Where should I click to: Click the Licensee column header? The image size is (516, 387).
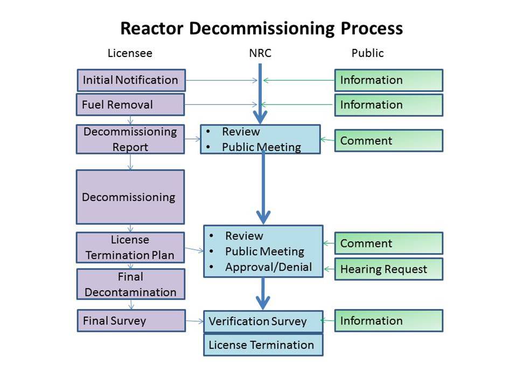(x=130, y=53)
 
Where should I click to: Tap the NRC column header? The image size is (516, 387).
(x=260, y=53)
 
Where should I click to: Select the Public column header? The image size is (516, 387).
(x=367, y=53)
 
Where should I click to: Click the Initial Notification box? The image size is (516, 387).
(x=131, y=80)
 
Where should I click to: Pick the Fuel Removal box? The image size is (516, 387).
(x=130, y=104)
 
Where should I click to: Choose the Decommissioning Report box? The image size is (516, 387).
(x=130, y=139)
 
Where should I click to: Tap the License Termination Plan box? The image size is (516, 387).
(x=130, y=248)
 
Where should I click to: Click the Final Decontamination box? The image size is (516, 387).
(x=130, y=284)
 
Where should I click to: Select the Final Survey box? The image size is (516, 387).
(x=130, y=321)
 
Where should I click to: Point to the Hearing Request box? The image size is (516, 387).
(x=388, y=269)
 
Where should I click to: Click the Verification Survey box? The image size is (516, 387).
(x=263, y=321)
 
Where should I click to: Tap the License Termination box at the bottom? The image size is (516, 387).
(x=263, y=345)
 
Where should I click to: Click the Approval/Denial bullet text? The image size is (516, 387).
(x=268, y=267)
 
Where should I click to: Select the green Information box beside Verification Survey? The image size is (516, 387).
(x=388, y=321)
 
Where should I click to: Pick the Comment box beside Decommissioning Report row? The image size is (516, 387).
(x=388, y=140)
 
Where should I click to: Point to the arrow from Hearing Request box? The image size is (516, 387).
(x=329, y=269)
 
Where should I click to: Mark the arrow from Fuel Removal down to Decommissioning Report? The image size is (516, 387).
(x=130, y=120)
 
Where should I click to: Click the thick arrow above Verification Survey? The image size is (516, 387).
(x=263, y=295)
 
